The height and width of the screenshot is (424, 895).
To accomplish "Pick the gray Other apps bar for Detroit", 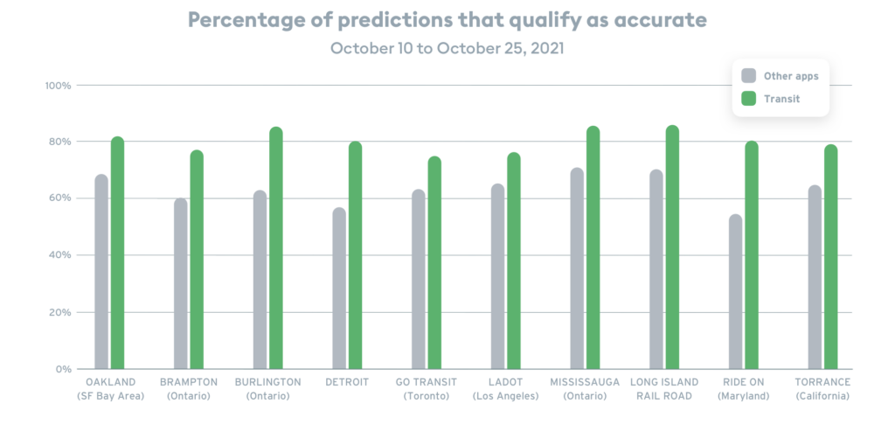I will (339, 288).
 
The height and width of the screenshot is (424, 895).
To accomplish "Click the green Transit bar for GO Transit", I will (434, 261).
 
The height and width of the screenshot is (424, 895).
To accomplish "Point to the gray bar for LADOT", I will (497, 275).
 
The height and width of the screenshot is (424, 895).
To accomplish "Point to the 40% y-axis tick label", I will (60, 255).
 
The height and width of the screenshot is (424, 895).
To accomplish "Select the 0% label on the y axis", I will (64, 369).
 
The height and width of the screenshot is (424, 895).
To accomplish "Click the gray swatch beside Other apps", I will (749, 76).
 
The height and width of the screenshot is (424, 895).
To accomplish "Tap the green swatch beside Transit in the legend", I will (749, 100).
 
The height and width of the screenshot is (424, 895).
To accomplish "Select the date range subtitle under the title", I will (447, 49).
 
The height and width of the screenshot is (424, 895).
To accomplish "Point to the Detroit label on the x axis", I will (347, 382).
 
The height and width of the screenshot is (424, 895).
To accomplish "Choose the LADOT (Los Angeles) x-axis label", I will (505, 389).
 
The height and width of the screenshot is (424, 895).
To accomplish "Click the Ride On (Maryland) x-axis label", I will (743, 389).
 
